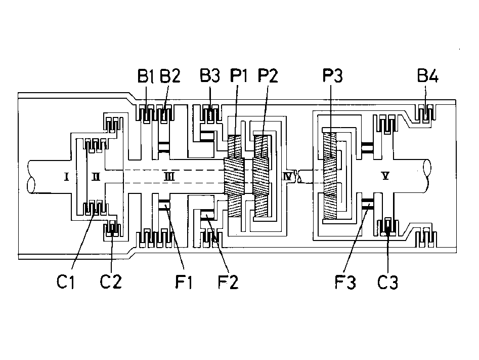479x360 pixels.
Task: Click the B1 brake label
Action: click(x=145, y=76)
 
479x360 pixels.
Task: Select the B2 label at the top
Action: click(x=170, y=76)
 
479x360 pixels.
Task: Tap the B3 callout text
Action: click(x=210, y=76)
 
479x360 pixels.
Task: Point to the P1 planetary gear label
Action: click(x=239, y=76)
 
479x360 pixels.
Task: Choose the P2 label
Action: click(x=268, y=76)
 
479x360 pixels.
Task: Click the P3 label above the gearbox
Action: click(x=333, y=76)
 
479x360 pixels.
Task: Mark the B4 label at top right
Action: click(x=428, y=76)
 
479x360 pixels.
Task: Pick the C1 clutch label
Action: click(x=66, y=282)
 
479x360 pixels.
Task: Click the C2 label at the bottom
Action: click(x=111, y=282)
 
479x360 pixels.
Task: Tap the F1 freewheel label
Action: click(x=184, y=282)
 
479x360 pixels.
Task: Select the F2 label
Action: click(x=228, y=282)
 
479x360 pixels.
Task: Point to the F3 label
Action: click(x=345, y=282)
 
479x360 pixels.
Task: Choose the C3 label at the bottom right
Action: click(x=387, y=282)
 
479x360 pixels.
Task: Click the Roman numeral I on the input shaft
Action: click(x=66, y=177)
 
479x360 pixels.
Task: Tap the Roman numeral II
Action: click(x=96, y=177)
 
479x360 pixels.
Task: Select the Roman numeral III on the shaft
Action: click(x=169, y=177)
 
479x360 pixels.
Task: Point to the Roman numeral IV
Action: click(x=288, y=177)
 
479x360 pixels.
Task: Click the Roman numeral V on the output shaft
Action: click(x=385, y=176)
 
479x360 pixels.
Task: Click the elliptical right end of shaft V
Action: click(x=427, y=168)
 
